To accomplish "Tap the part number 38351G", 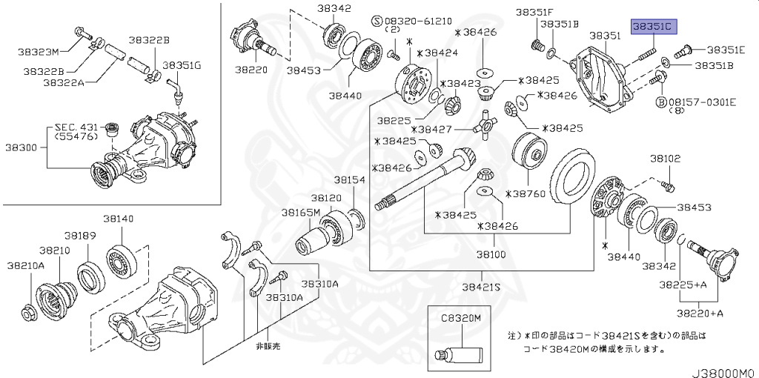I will pyautogui.click(x=182, y=65).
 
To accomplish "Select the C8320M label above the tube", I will pyautogui.click(x=461, y=317).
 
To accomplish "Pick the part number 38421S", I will pyautogui.click(x=481, y=286).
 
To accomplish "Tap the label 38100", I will pyautogui.click(x=491, y=253).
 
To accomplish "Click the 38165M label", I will pyautogui.click(x=299, y=212).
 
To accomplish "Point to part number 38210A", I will pyautogui.click(x=26, y=265).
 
